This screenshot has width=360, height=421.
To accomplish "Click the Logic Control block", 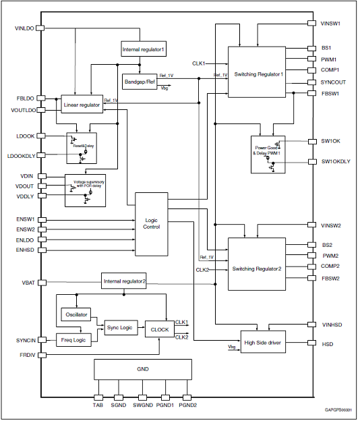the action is point(152,224).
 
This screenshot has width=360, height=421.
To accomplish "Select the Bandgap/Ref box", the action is point(140,82).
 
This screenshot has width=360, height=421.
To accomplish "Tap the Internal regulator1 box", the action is point(144,49).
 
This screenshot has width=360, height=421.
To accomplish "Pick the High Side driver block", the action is point(263,341).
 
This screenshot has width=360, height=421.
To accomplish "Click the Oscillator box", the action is point(76,314).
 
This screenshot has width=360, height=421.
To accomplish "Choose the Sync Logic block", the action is point(121,328).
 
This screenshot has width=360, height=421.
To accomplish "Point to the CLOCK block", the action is point(160,329).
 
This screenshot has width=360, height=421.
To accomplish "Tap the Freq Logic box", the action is point(73,340).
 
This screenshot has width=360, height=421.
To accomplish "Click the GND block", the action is point(143,370).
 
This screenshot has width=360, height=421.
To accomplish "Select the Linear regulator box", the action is point(82,104).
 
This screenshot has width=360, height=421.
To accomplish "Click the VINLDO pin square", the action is point(40,28).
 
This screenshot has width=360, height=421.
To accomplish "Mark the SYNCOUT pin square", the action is point(311,82).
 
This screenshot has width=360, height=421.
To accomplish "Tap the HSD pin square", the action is point(311,343).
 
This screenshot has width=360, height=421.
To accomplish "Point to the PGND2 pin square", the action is point(187,397).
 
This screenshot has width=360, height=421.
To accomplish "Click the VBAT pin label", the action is point(28,283).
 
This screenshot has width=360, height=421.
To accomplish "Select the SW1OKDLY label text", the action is point(336,161).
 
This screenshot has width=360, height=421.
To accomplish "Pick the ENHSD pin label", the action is point(25,250).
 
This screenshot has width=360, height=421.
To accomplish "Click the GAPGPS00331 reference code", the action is point(338,410).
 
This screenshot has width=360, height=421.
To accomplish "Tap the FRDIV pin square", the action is point(42,355).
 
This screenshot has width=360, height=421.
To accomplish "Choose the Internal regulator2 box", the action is point(123,281).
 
